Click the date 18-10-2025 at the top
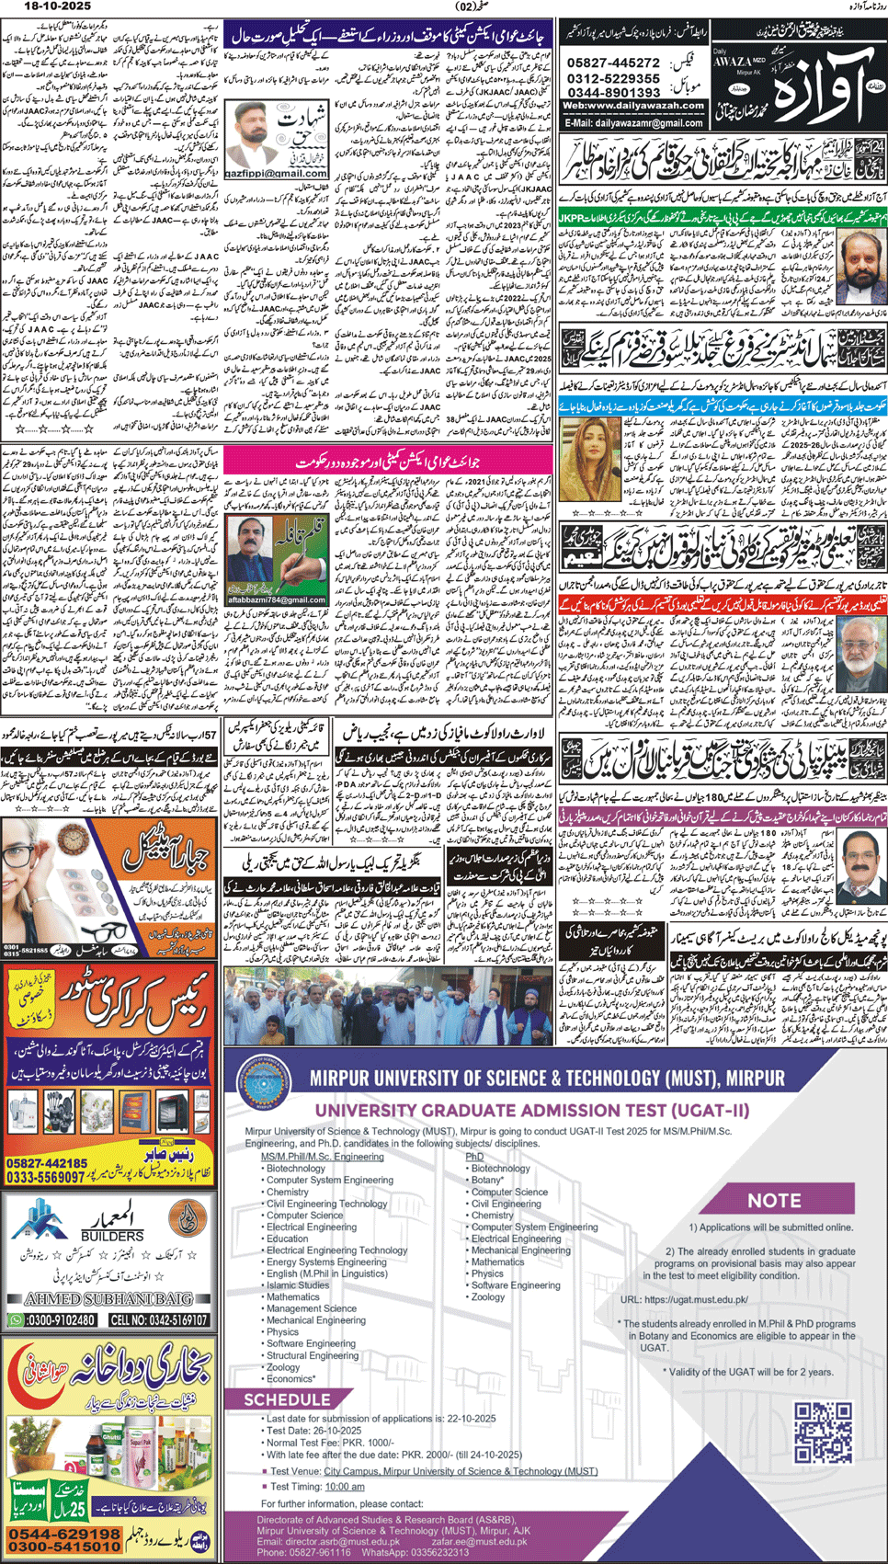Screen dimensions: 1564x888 click(34, 6)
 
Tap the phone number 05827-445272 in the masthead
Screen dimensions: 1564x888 click(613, 63)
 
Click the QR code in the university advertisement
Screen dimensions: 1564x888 click(823, 1433)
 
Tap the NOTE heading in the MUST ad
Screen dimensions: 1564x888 click(774, 1201)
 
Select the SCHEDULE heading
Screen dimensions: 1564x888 click(286, 1399)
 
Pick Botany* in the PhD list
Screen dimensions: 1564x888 click(487, 1180)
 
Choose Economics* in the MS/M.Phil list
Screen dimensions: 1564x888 click(290, 1379)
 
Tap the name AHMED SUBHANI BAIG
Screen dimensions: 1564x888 click(109, 1299)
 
